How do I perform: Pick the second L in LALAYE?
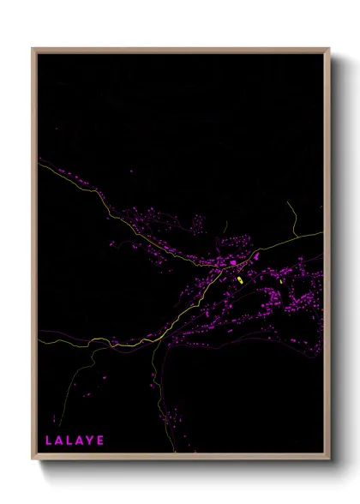[67, 441]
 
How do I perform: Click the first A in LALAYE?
[57, 441]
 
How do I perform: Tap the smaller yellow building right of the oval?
[280, 280]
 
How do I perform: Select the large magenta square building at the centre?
[232, 262]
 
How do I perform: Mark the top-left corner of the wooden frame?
[33, 49]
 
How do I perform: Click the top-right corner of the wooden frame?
[329, 49]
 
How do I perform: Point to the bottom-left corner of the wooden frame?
[33, 459]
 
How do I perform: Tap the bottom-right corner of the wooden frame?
[329, 459]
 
